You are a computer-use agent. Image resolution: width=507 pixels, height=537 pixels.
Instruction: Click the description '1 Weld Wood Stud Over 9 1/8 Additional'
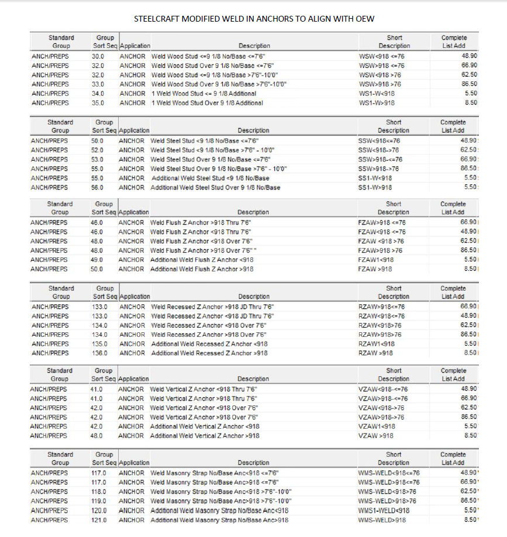coord(207,103)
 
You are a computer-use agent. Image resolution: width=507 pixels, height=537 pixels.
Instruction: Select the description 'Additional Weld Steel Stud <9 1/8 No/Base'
coord(210,178)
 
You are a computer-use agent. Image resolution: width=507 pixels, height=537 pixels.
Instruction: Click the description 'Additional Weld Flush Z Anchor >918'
coord(202,269)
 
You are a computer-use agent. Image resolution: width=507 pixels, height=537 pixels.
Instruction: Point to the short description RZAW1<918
coord(376,343)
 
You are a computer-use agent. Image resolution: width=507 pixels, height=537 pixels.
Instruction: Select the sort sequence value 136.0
coord(99,353)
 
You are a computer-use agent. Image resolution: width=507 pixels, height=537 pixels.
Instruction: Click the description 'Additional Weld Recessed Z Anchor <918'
coord(209,343)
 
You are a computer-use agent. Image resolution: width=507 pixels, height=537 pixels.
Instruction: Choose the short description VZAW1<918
coord(375,426)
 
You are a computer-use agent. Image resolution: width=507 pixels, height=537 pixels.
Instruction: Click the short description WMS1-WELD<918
coord(384,511)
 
